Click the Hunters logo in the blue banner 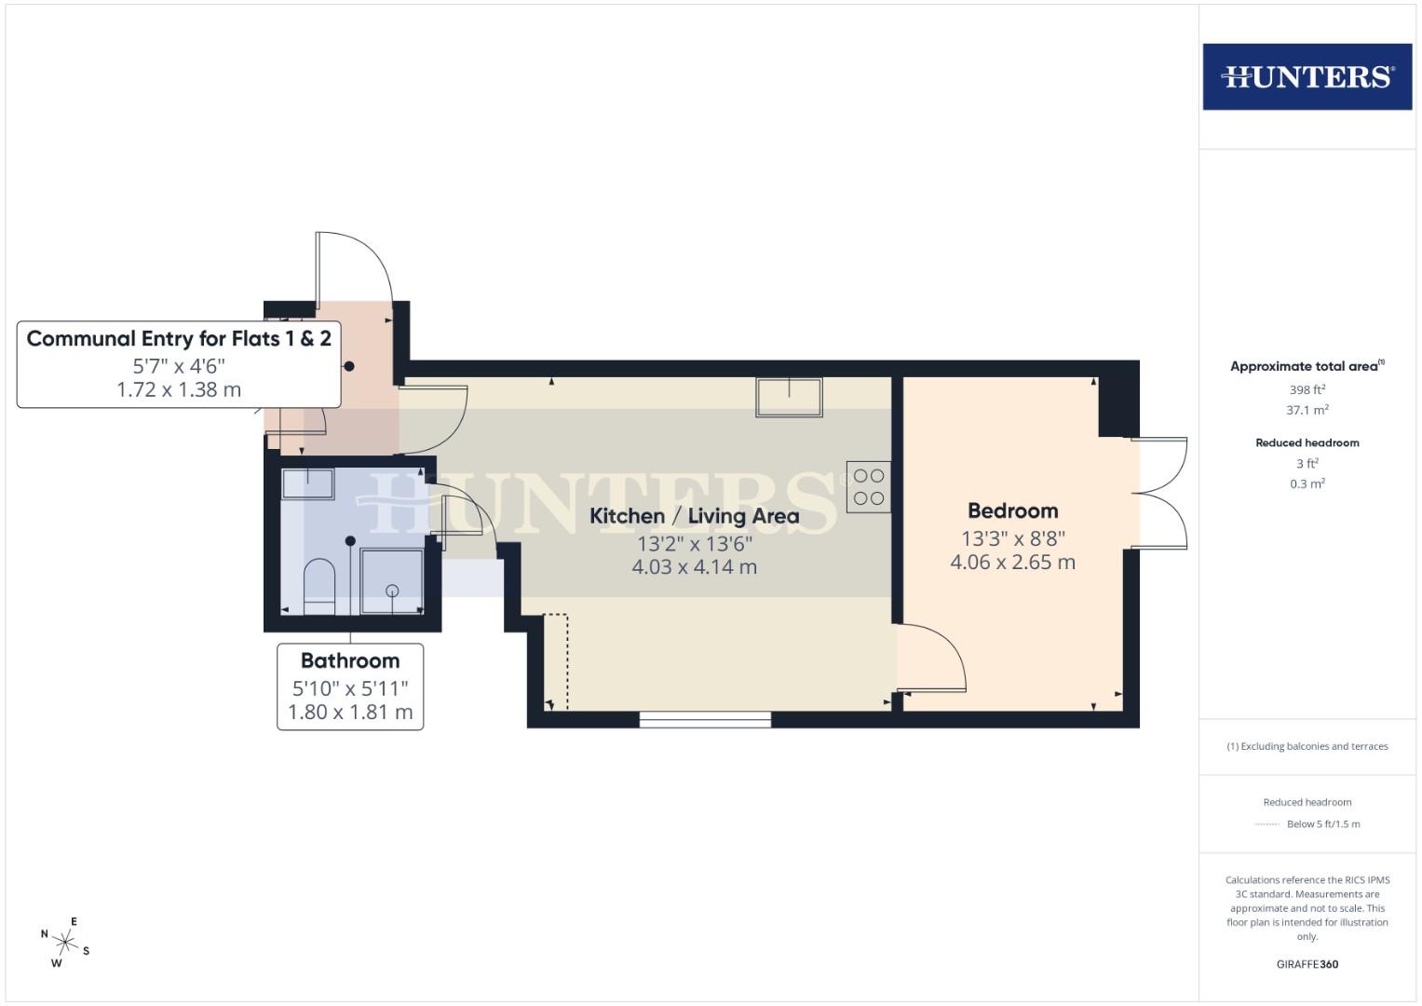1307,76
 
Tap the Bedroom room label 1012,510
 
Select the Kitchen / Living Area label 694,516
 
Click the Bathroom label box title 350,660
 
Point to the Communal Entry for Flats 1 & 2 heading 179,338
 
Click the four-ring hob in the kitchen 868,487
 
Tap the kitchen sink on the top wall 789,397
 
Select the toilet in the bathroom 318,587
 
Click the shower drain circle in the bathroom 392,591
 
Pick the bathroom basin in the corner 307,484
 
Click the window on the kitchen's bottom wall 705,719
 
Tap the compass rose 65,942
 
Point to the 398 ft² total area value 1307,389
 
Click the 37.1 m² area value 1307,410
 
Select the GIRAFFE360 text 1307,964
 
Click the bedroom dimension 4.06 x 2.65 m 1012,563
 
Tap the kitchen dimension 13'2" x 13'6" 694,544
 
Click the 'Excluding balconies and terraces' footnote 1307,746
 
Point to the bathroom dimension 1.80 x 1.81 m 350,713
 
